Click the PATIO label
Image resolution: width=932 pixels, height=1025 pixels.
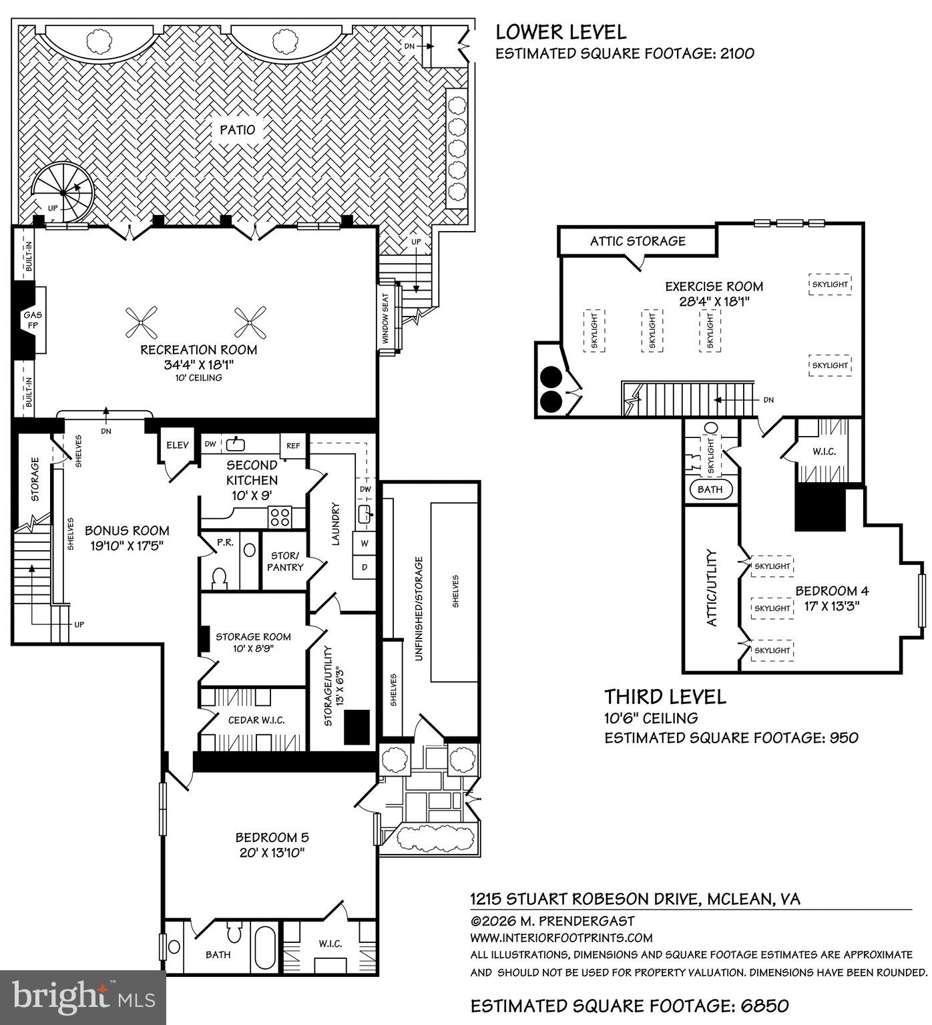pyautogui.click(x=238, y=130)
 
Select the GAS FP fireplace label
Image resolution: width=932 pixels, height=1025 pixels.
pyautogui.click(x=31, y=320)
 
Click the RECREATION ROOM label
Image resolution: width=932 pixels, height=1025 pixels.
pyautogui.click(x=198, y=350)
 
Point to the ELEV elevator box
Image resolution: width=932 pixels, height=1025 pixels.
pyautogui.click(x=178, y=445)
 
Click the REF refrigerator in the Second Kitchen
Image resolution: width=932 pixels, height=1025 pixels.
pyautogui.click(x=293, y=445)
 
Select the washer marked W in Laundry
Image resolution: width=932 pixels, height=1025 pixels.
pyautogui.click(x=365, y=543)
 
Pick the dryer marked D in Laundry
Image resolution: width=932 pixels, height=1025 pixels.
pyautogui.click(x=365, y=567)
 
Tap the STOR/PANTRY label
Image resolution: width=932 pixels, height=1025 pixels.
pyautogui.click(x=285, y=562)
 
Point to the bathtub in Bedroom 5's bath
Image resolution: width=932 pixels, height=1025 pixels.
pyautogui.click(x=264, y=947)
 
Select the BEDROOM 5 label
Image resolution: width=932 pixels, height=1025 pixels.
pyautogui.click(x=272, y=837)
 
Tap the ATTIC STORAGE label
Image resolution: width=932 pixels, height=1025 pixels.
pyautogui.click(x=637, y=241)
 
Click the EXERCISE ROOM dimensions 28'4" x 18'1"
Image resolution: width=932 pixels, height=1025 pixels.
pyautogui.click(x=714, y=301)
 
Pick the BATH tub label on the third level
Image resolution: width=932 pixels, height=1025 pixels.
pyautogui.click(x=710, y=489)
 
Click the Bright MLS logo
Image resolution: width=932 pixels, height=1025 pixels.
pyautogui.click(x=83, y=997)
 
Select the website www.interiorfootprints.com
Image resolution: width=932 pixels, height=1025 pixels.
pyautogui.click(x=561, y=938)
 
